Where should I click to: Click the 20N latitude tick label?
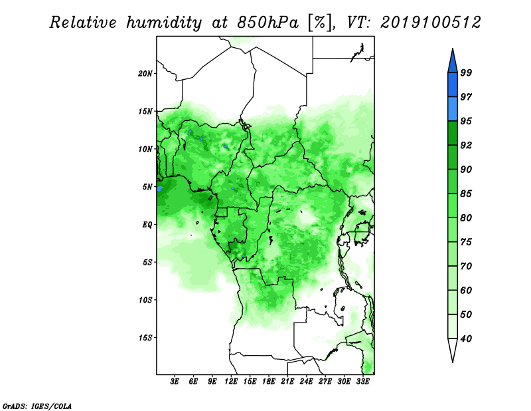(x=145, y=73)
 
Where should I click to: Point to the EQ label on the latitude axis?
(x=147, y=224)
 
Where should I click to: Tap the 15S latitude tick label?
(x=145, y=338)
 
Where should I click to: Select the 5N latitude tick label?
(x=147, y=187)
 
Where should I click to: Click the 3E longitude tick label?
(x=175, y=381)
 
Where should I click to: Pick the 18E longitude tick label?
(x=269, y=381)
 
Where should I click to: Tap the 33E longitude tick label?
(x=362, y=381)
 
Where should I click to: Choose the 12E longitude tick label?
(x=231, y=381)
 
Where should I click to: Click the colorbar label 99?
(x=466, y=72)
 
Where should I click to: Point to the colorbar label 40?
(x=466, y=339)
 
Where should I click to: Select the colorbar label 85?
(x=466, y=194)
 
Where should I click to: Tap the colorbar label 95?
(x=466, y=121)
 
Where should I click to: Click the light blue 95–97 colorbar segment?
(x=453, y=109)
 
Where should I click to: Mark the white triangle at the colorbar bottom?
(x=453, y=349)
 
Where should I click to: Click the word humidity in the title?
(x=164, y=23)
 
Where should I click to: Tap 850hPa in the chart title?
(x=268, y=23)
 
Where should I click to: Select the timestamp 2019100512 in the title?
(x=430, y=23)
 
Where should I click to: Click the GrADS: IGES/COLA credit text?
(x=37, y=406)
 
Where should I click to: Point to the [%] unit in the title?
(x=320, y=23)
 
